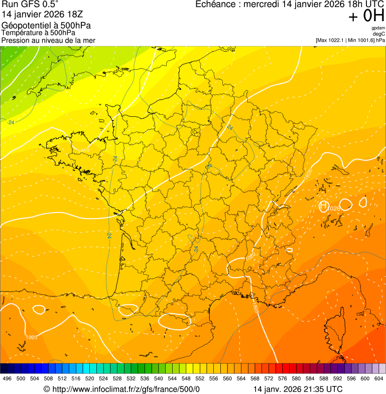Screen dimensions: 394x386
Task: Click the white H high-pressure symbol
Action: tap(324, 206)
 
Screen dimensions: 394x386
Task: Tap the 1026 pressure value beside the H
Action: tap(334, 208)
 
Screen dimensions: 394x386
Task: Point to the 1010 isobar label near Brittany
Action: tap(84, 150)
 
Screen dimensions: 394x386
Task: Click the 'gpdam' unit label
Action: tap(378, 28)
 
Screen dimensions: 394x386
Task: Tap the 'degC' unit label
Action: tap(379, 34)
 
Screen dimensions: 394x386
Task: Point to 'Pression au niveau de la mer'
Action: tap(48, 40)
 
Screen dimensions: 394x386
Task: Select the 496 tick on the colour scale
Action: tap(7, 379)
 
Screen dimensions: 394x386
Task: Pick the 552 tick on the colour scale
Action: tap(199, 379)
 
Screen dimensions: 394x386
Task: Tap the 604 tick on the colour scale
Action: tap(378, 379)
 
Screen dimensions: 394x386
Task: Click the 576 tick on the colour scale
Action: tap(282, 379)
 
